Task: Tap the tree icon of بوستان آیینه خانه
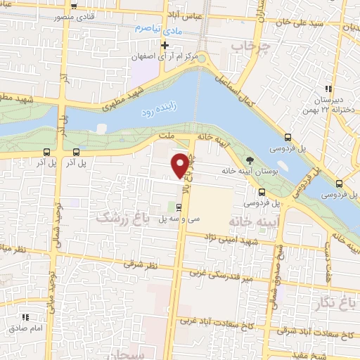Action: (x=252, y=160)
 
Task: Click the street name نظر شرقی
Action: (x=138, y=264)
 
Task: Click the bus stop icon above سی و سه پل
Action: (x=179, y=207)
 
